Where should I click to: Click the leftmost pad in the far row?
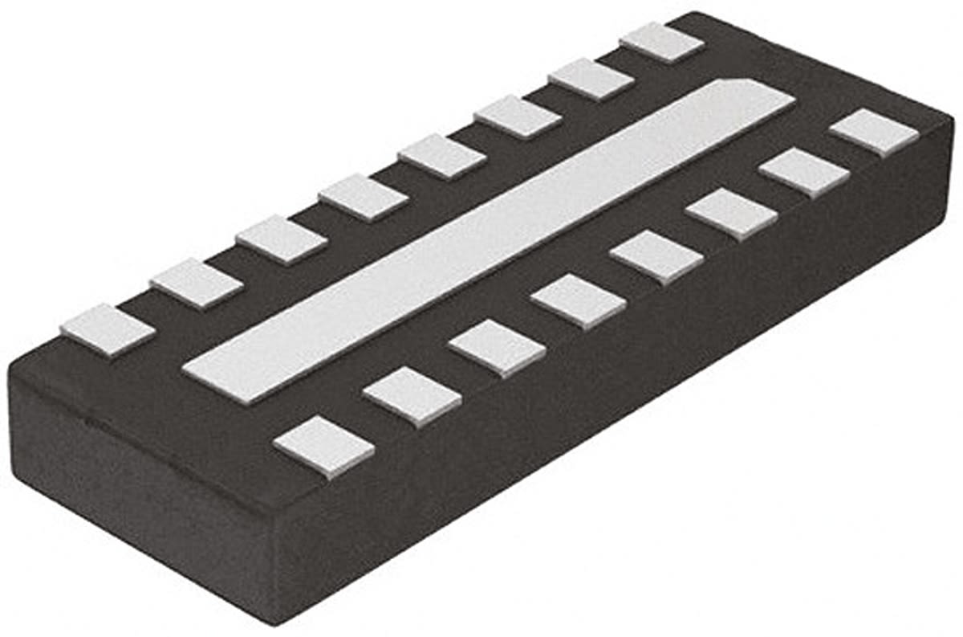(x=108, y=329)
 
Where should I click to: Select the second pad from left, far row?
(x=197, y=284)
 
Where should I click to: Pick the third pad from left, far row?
(x=282, y=239)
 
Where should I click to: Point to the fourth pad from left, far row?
(x=364, y=197)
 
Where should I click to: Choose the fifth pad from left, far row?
(x=442, y=156)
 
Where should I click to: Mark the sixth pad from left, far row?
(x=518, y=116)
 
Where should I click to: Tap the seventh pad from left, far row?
(x=591, y=79)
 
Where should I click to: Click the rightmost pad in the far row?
(x=662, y=43)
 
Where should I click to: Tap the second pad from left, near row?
(x=412, y=395)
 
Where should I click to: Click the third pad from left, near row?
(x=498, y=347)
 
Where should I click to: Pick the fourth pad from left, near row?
(x=579, y=301)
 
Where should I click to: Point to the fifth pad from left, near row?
(x=656, y=256)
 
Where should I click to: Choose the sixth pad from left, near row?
(x=732, y=214)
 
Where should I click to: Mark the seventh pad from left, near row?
(x=804, y=171)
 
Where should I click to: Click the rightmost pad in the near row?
(x=874, y=132)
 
